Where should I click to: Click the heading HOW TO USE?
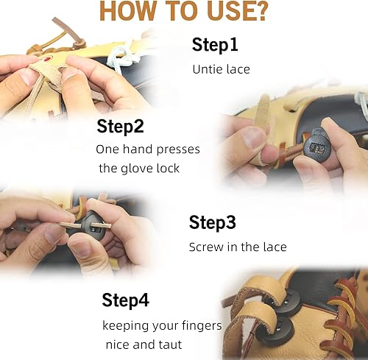(183, 12)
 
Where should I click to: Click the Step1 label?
(215, 45)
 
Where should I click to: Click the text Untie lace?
(221, 69)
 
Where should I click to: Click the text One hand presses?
(147, 149)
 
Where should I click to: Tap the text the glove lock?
(139, 169)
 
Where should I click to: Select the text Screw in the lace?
(237, 247)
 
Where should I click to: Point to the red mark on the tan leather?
(48, 56)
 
